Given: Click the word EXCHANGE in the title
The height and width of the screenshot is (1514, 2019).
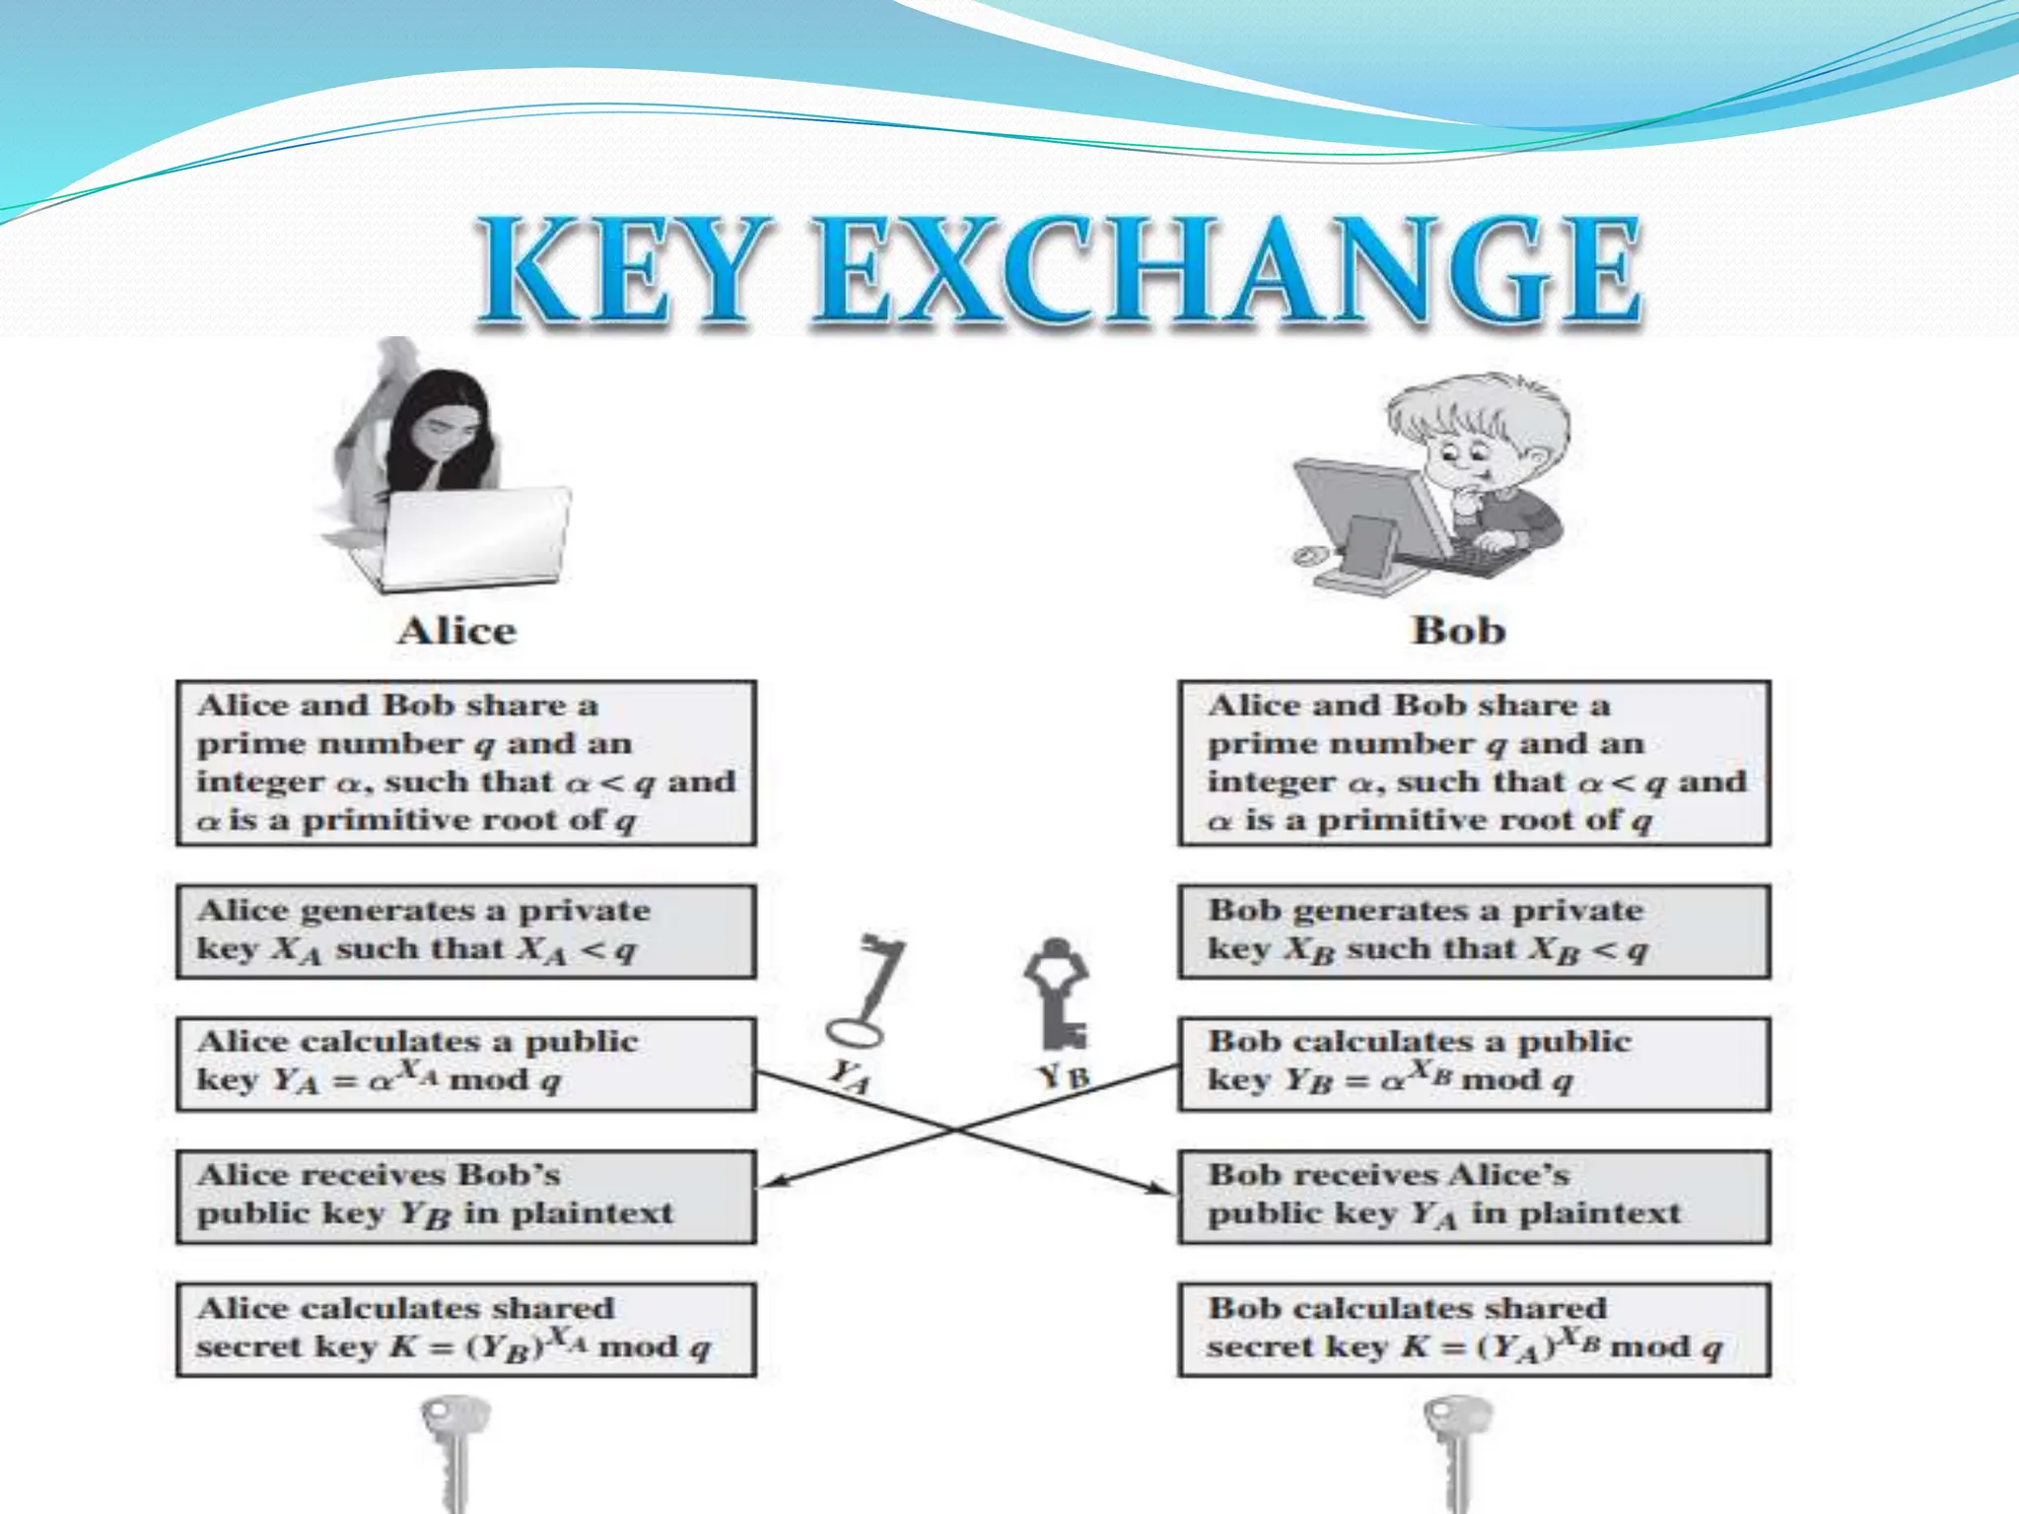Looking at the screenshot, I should click(1227, 270).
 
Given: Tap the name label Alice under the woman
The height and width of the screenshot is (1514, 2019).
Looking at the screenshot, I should click(456, 631).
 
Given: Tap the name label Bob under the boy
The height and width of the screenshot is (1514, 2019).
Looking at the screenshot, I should click(1458, 631).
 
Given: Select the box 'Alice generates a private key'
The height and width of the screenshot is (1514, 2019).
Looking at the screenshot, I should click(465, 930).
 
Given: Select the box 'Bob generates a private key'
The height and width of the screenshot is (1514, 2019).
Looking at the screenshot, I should click(1474, 930).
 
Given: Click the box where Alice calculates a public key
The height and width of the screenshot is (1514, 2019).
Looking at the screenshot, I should click(465, 1064).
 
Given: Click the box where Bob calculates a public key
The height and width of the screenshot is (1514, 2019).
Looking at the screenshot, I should click(1474, 1064).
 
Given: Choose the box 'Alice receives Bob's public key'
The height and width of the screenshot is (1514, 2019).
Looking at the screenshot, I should click(465, 1196).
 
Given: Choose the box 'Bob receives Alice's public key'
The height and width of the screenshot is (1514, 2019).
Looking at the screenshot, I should click(1474, 1196).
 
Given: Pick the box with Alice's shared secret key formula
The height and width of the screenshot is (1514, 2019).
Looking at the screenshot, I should click(465, 1329).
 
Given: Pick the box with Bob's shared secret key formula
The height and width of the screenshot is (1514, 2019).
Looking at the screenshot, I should click(1474, 1329).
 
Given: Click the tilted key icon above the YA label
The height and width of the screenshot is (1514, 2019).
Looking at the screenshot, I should click(868, 991).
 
